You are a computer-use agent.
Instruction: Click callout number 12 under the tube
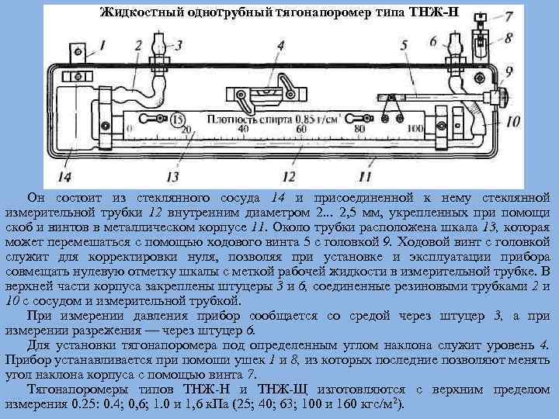[x=289, y=164]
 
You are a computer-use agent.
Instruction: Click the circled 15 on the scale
[x=178, y=119]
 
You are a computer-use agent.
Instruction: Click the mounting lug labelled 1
[x=77, y=51]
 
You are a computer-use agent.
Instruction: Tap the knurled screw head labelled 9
[x=502, y=97]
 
